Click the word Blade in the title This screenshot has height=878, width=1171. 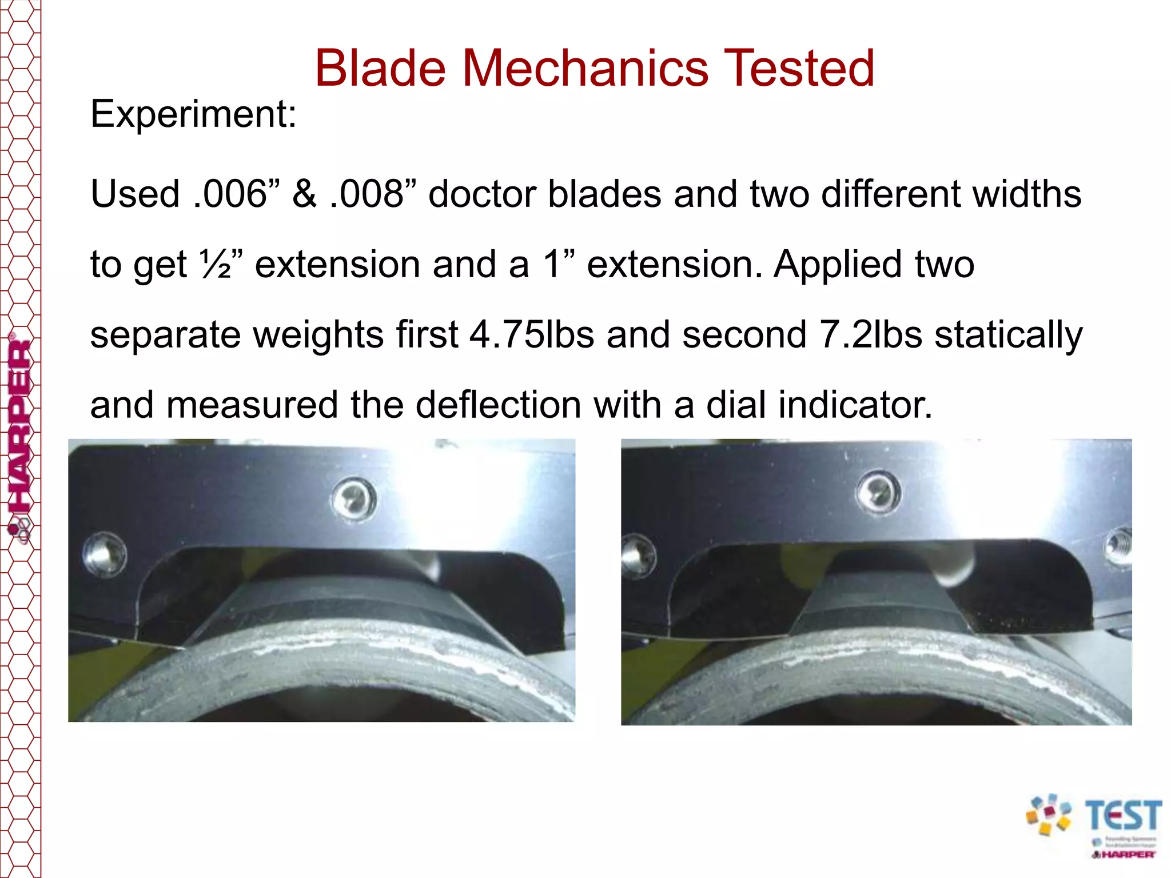pos(380,69)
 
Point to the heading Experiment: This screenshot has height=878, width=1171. pos(193,114)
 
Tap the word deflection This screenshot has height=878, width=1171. pos(497,405)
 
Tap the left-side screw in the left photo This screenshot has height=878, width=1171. pos(105,553)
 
